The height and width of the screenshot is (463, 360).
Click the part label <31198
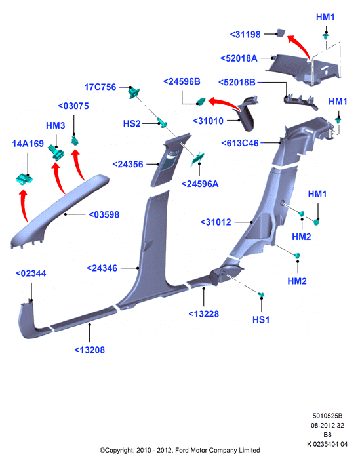(x=245, y=35)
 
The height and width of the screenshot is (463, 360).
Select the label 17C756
(x=100, y=87)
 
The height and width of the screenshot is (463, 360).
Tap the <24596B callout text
(x=182, y=81)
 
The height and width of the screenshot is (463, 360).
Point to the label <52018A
(x=239, y=58)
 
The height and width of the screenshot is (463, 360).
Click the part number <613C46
(x=240, y=143)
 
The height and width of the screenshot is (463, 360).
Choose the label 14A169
(x=28, y=144)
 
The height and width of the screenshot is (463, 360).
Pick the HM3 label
(x=56, y=125)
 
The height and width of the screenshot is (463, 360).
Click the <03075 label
(x=73, y=106)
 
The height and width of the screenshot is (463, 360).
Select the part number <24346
(x=102, y=268)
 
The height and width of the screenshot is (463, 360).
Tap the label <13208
(x=89, y=350)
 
